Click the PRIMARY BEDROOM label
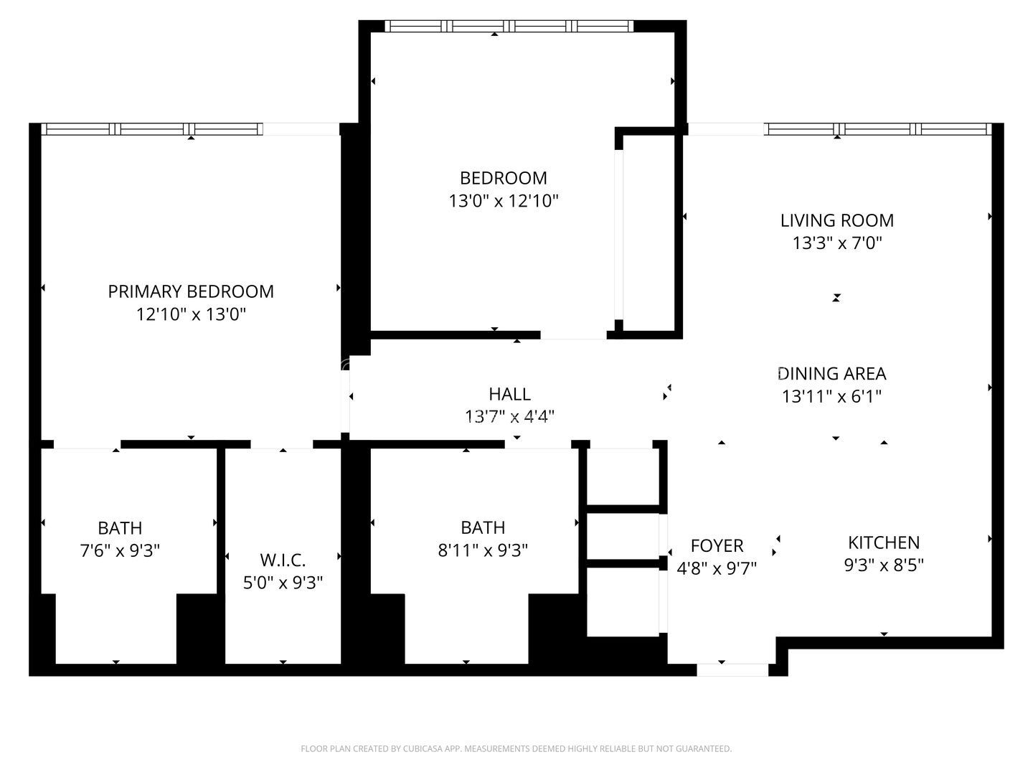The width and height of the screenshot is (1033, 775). coord(191,291)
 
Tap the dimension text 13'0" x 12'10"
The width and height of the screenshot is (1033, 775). coord(504,201)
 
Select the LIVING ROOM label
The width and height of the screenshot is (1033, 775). coord(837,220)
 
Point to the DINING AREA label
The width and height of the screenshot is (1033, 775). coord(832,373)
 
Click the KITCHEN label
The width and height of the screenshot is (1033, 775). coord(884,542)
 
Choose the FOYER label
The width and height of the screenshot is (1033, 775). coord(717,545)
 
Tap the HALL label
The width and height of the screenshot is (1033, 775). coord(509,393)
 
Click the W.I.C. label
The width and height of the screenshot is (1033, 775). coord(283,559)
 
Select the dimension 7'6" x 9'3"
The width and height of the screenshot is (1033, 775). coord(120,550)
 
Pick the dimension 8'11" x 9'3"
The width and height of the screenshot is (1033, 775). coord(483,550)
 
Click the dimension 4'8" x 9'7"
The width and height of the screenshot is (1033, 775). coord(717,568)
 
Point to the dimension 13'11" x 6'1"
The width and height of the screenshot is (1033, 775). coord(832,396)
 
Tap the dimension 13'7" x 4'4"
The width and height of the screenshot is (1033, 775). coord(509,415)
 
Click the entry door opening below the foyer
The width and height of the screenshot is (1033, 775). coord(732,670)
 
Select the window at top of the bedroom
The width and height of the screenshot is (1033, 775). coord(509,27)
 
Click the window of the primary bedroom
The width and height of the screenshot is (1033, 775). coord(152,129)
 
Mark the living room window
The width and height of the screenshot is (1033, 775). coord(879,129)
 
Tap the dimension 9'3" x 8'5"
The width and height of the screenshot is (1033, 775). coord(884,565)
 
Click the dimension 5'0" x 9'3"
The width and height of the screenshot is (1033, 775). coord(283,582)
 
